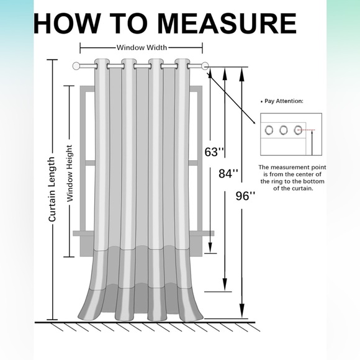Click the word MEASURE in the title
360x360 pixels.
pyautogui.click(x=227, y=24)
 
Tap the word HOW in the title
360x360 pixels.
pyautogui.click(x=66, y=24)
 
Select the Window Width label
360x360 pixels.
pyautogui.click(x=142, y=48)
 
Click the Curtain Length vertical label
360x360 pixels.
pyautogui.click(x=52, y=189)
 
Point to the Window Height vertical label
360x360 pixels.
pyautogui.click(x=70, y=173)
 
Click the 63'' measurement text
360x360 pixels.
pyautogui.click(x=214, y=152)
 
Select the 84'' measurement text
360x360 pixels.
pyautogui.click(x=228, y=173)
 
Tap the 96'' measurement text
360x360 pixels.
pyautogui.click(x=245, y=196)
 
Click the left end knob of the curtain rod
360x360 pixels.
pyautogui.click(x=76, y=66)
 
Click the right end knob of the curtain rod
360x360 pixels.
pyautogui.click(x=205, y=66)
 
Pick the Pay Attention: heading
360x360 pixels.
pyautogui.click(x=282, y=101)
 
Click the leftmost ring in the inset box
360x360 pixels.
pyautogui.click(x=269, y=130)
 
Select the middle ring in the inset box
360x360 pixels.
pyautogui.click(x=284, y=130)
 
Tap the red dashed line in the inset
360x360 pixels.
pyautogui.click(x=306, y=130)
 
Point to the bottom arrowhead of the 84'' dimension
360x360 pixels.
pyautogui.click(x=225, y=284)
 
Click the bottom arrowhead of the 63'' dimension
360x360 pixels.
pyautogui.click(x=210, y=248)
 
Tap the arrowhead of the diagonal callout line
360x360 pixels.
pyautogui.click(x=254, y=122)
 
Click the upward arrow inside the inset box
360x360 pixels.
pyautogui.click(x=312, y=143)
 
